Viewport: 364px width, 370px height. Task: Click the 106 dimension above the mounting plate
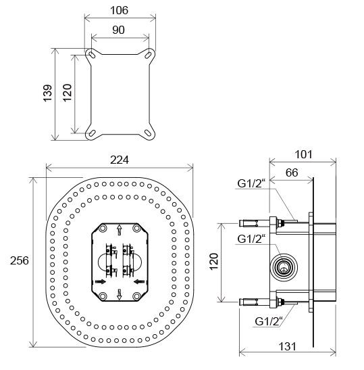point(119,10)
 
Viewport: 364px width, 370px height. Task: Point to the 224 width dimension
point(120,160)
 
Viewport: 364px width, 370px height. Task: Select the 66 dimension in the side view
point(292,173)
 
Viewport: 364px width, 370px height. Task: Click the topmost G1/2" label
point(251,182)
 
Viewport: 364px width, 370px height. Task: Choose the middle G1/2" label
point(251,238)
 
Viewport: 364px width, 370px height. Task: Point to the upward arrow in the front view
point(120,229)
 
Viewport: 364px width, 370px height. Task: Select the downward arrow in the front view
point(120,292)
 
